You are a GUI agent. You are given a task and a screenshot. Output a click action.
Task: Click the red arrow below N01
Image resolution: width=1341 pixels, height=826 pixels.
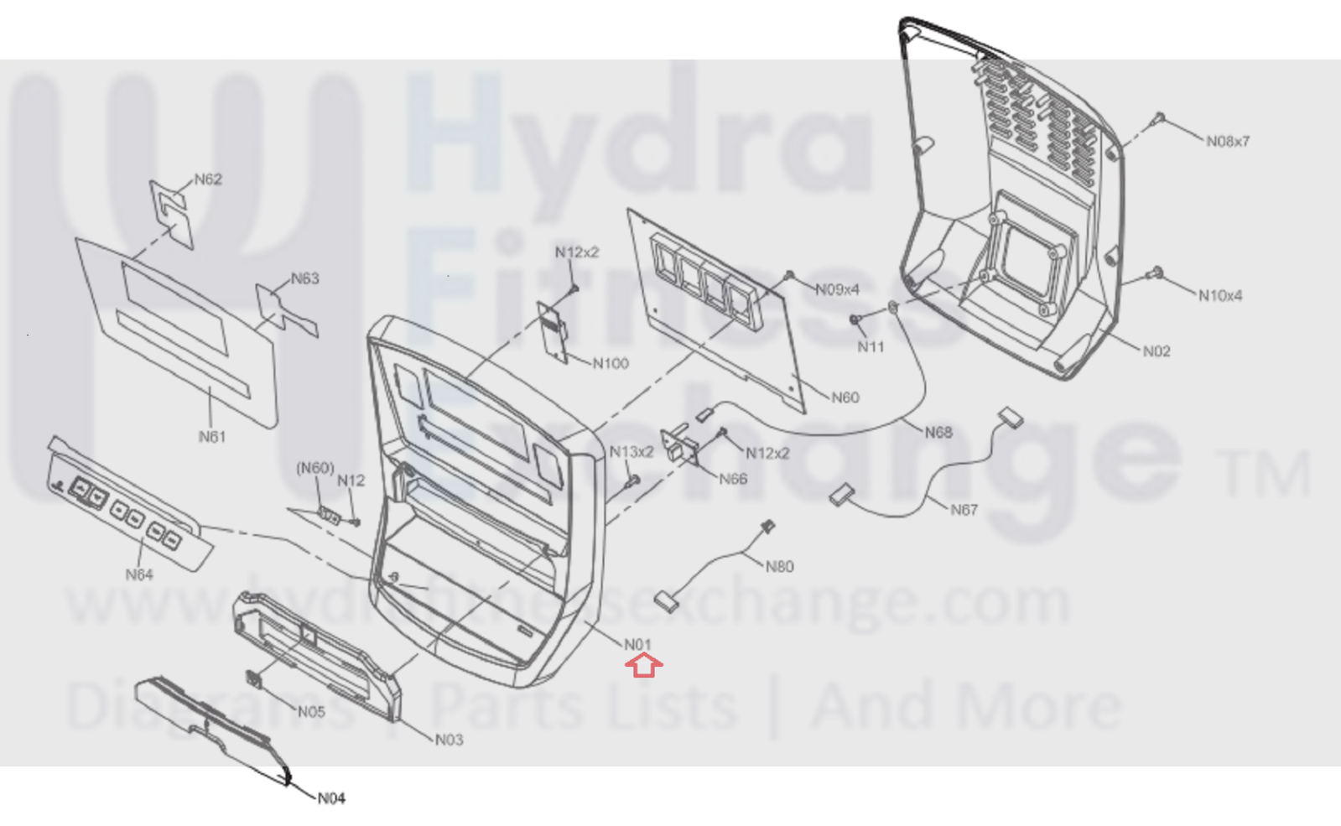coord(643,666)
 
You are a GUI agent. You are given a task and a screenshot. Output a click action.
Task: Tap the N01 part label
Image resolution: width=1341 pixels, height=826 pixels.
coord(637,644)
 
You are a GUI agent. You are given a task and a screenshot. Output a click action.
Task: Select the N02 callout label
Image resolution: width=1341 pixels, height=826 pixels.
coord(1156,351)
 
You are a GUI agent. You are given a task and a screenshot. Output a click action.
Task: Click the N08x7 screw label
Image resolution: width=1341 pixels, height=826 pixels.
coord(1228,141)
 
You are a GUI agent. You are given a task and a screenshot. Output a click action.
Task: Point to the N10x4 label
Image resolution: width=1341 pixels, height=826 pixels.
coord(1220,296)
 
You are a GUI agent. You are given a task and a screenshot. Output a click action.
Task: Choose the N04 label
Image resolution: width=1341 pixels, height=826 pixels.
coord(331,798)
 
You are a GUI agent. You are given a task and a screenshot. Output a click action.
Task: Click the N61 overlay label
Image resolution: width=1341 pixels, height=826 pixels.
coord(212,437)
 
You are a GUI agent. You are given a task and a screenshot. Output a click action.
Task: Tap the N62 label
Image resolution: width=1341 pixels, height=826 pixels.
coord(208,179)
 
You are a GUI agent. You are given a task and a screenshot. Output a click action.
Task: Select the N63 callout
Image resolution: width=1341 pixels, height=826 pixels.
coord(305,278)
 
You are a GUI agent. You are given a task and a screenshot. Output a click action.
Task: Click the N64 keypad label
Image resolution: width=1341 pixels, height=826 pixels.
coord(139,574)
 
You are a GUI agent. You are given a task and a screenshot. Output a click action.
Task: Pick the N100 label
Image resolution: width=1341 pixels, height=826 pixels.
coord(611,363)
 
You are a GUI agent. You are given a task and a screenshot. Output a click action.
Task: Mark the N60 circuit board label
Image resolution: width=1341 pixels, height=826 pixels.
coord(845,397)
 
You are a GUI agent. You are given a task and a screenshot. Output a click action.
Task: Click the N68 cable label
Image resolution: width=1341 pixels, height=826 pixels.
coord(938,432)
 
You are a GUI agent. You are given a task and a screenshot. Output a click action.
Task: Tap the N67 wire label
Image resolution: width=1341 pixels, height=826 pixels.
coord(964,509)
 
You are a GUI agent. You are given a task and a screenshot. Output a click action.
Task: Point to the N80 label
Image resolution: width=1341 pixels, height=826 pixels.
coord(779,566)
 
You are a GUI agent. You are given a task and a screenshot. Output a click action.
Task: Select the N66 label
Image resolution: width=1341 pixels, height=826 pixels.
coord(733,479)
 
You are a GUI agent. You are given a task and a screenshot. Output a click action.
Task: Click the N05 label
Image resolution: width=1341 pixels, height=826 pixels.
coord(311,712)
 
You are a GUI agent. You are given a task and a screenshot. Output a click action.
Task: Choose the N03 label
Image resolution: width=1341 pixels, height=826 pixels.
coord(449,740)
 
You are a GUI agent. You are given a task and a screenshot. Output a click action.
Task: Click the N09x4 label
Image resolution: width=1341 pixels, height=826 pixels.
coord(838,289)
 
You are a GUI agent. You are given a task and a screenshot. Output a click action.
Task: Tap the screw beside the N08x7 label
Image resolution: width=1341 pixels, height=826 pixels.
coord(1158,118)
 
